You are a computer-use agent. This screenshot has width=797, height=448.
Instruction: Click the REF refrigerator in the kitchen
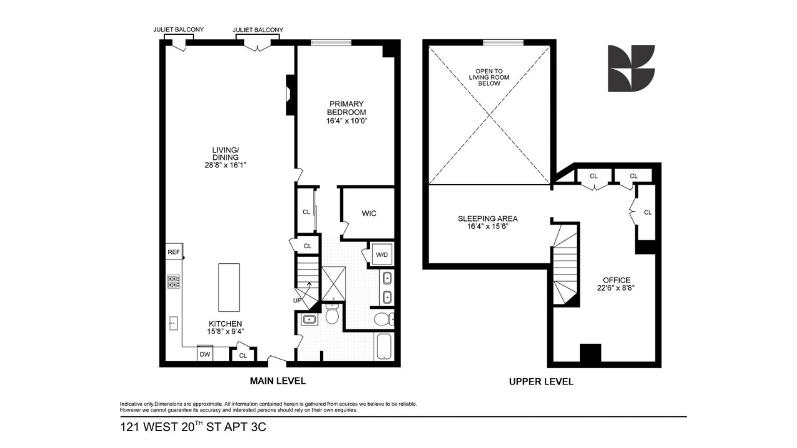tap(174, 251)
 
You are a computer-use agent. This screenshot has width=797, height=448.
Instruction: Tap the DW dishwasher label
tap(205, 355)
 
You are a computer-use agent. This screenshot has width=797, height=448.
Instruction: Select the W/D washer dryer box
tap(382, 254)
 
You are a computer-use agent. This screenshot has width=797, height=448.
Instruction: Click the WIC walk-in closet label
tap(369, 213)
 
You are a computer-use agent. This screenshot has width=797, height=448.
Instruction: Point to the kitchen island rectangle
tap(229, 287)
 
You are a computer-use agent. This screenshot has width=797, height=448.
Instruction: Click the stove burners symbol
tap(174, 282)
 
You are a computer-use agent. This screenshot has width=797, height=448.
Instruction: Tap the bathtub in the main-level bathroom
tap(384, 347)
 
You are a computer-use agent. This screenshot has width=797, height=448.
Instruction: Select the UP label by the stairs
tap(297, 301)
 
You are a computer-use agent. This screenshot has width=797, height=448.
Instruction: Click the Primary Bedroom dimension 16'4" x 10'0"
tap(347, 121)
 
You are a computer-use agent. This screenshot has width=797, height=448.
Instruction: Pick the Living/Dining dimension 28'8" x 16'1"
tap(225, 165)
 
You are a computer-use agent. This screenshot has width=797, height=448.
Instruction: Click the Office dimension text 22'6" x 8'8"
tap(616, 287)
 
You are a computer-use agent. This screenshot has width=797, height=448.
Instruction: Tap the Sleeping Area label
tap(488, 218)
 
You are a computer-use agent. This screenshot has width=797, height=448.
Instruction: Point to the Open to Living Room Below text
tap(489, 77)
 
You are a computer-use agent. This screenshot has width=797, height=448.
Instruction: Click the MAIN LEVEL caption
tap(278, 381)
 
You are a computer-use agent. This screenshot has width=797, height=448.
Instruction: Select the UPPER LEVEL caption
tap(541, 381)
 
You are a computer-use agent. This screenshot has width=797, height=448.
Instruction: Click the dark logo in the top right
tap(631, 68)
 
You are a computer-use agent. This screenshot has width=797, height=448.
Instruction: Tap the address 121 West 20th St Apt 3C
tap(193, 427)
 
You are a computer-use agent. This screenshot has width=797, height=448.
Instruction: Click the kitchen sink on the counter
tap(173, 323)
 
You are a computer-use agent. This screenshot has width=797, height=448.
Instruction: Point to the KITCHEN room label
tap(225, 324)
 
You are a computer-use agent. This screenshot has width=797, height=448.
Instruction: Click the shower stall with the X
tap(334, 284)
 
